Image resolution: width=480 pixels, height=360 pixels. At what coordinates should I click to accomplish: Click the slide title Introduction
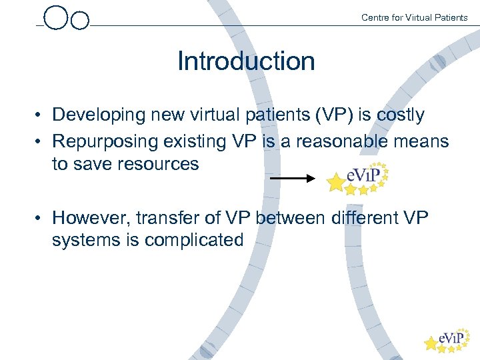(x=246, y=61)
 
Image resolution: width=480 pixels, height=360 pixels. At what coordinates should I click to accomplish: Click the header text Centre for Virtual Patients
(x=414, y=17)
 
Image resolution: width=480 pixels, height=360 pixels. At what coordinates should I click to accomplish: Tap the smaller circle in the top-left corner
(x=80, y=21)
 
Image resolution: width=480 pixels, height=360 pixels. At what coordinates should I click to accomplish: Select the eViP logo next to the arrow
(x=359, y=177)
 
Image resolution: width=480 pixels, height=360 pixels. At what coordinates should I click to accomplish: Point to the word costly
(x=400, y=115)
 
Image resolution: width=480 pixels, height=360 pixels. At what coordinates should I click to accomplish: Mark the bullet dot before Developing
(x=41, y=116)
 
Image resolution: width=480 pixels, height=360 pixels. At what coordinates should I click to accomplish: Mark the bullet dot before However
(x=41, y=219)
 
